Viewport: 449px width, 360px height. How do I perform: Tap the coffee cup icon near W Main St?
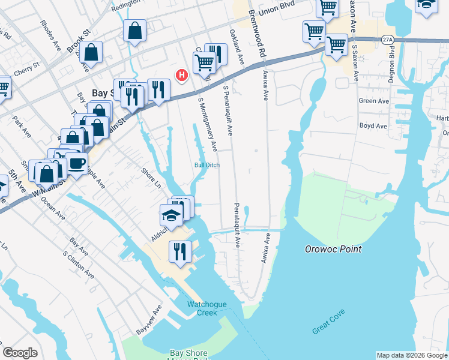click(77, 163)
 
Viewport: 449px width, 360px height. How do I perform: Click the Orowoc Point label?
click(333, 249)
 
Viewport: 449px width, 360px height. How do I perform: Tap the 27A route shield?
click(388, 40)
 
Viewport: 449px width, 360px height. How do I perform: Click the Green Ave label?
click(373, 101)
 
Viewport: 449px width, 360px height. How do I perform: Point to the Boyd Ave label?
click(373, 126)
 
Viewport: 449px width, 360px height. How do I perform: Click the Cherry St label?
click(27, 69)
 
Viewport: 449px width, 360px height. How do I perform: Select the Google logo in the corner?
click(20, 353)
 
